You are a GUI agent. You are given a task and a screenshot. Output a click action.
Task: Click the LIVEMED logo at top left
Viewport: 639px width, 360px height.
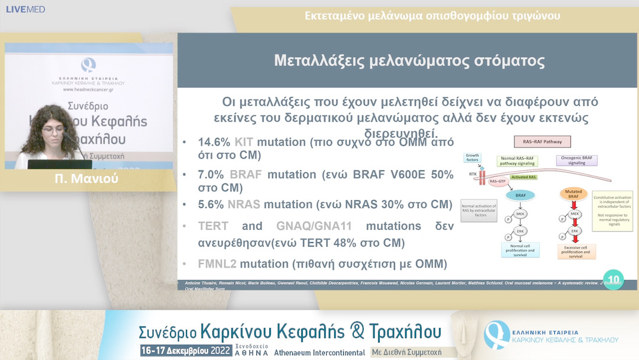click(25, 9)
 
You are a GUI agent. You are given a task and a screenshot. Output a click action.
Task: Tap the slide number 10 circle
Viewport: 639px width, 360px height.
click(612, 278)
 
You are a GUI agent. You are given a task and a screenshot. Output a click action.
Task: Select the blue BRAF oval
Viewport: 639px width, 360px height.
click(519, 195)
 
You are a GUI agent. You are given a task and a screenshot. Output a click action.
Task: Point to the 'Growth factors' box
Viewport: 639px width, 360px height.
click(473, 158)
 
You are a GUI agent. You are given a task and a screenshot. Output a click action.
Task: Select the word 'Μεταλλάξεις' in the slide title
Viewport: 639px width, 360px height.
click(320, 61)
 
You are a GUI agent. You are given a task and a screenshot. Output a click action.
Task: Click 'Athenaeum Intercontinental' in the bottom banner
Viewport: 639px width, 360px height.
click(319, 352)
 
